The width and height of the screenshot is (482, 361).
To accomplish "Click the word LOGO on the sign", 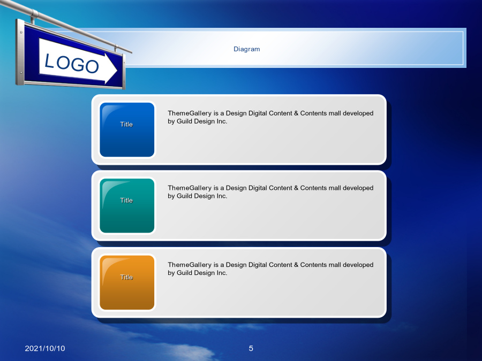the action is coord(71,64).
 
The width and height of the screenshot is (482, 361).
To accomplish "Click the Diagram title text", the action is coord(246,49).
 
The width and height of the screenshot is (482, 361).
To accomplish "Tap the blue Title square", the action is coord(127,129).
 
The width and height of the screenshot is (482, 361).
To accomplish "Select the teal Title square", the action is coord(127,206).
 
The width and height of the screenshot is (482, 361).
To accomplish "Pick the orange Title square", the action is coord(127,282).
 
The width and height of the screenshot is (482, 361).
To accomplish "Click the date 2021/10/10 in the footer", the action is coord(45,348).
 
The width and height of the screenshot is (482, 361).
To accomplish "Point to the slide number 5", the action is coord(251,348).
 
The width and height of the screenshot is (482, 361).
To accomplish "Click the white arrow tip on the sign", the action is coord(117,70).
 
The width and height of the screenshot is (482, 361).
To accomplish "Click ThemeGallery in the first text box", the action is coord(190,113).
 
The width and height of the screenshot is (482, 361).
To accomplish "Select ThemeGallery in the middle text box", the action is coord(190,188).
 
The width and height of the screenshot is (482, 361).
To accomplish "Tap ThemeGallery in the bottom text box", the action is coord(190,265).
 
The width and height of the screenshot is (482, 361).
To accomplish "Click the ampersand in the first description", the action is coord(296,113).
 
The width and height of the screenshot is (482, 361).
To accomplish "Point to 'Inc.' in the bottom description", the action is coord(222,273).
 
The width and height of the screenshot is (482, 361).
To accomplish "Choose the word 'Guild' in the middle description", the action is coord(184,196).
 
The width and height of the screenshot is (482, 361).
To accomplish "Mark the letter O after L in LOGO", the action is coord(63,63).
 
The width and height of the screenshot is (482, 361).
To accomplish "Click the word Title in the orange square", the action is coord(126,277).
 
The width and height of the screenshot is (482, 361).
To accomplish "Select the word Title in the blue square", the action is coord(126,124).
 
